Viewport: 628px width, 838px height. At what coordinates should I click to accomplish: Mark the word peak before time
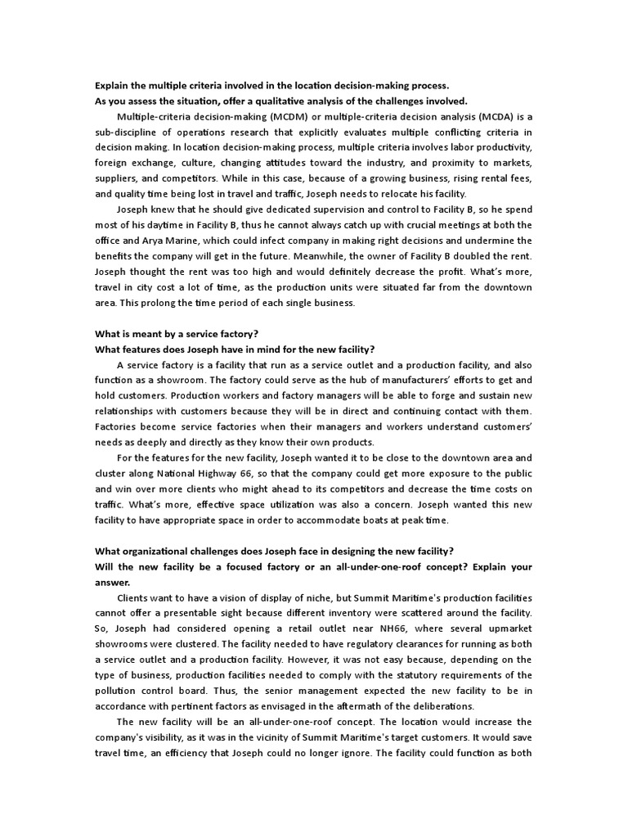point(421,520)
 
